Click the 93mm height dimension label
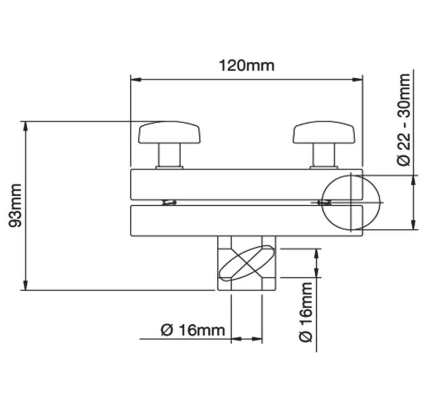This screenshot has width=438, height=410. point(16,205)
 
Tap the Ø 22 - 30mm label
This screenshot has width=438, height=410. point(404,119)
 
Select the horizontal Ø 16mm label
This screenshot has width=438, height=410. point(192,330)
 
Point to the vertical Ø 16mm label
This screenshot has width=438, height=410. point(306,312)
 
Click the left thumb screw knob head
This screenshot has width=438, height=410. point(169,133)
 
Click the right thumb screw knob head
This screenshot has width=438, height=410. point(324,133)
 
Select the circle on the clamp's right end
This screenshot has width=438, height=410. point(350,203)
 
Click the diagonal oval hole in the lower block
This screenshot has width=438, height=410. point(246,262)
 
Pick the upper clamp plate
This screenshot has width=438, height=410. point(224,184)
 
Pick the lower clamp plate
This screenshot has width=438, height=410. point(224,220)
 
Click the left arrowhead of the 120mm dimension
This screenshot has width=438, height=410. point(135,80)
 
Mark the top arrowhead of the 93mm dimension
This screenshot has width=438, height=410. point(25,126)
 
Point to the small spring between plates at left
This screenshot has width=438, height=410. point(169,203)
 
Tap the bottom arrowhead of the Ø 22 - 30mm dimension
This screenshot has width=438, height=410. point(414,225)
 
